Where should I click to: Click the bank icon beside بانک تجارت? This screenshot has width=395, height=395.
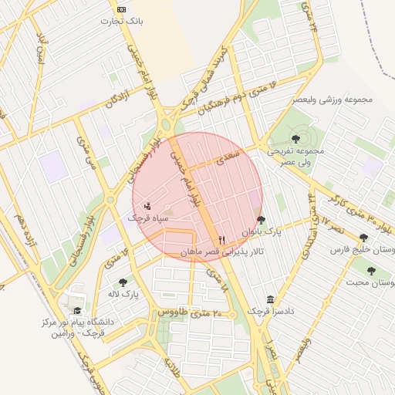pos(120,9)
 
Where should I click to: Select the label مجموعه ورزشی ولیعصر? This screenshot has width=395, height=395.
pos(333,100)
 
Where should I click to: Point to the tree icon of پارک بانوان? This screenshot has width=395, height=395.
pos(260,219)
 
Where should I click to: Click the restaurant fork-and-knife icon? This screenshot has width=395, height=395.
pos(222,240)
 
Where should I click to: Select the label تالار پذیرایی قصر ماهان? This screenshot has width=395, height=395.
pos(222,252)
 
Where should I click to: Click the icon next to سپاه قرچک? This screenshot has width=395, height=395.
pos(147,206)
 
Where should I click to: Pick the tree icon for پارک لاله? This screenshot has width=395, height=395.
pos(123,282)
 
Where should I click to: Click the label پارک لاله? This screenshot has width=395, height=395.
pos(123,294)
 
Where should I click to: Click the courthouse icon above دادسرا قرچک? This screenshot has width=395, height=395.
pos(269,299)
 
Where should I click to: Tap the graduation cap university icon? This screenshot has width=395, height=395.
pos(77,309)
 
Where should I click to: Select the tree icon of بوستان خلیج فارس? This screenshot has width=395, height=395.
pos(363,238)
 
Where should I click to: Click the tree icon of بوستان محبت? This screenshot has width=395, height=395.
pos(371,271)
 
